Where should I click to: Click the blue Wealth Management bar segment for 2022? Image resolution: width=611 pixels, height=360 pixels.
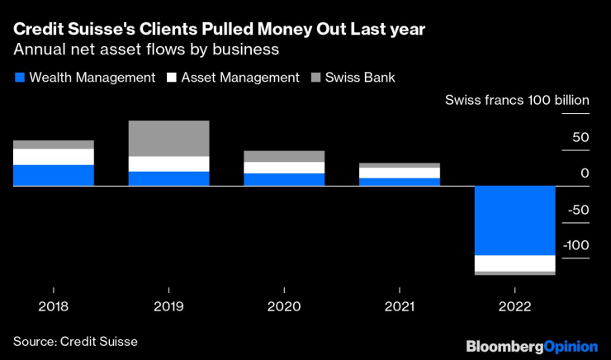pos(515,220)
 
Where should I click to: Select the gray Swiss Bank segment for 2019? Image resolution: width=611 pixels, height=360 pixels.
pos(168,139)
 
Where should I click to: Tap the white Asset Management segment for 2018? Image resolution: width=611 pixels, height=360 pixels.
pos(54,157)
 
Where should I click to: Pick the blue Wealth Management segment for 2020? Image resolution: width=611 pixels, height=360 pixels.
pos(284,180)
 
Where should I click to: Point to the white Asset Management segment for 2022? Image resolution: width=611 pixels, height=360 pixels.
pos(515,263)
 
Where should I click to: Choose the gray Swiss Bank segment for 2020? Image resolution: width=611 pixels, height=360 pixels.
pos(284,157)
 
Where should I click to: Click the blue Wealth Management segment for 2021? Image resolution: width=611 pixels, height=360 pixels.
pos(400,182)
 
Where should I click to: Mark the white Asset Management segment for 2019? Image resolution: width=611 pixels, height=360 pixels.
pos(168,164)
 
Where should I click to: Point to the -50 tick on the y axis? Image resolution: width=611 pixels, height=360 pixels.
pos(580,210)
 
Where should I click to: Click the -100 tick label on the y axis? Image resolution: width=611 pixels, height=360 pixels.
pos(576,245)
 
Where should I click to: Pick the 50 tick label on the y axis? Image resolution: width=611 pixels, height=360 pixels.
pos(580,137)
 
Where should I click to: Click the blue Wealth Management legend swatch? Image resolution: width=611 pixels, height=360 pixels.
pos(20,78)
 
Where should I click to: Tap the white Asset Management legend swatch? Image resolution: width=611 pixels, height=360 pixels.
pos(173,78)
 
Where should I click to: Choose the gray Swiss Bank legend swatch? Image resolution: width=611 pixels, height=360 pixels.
pos(317,78)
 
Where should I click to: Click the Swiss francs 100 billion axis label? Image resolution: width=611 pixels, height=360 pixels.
pos(517,101)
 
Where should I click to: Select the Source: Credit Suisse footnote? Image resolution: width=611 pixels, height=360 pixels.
pos(75,340)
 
